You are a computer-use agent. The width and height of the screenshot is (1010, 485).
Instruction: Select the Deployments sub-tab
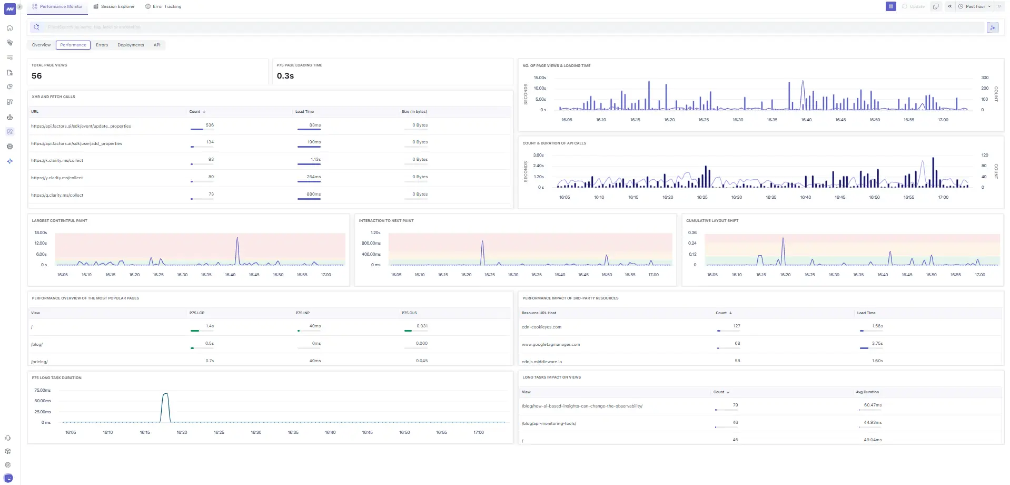pyautogui.click(x=131, y=45)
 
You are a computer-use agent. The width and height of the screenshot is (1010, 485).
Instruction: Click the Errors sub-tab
pyautogui.click(x=102, y=45)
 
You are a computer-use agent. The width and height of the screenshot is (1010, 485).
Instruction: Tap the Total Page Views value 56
pyautogui.click(x=36, y=76)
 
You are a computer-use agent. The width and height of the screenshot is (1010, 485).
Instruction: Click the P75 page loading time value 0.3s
pyautogui.click(x=285, y=76)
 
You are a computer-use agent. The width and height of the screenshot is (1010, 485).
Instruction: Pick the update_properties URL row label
pyautogui.click(x=81, y=126)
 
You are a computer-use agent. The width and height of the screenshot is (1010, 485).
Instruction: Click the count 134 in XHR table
pyautogui.click(x=210, y=142)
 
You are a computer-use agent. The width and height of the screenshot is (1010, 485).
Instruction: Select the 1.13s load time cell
pyautogui.click(x=315, y=159)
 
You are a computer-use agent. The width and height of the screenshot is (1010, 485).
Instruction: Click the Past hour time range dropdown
pyautogui.click(x=975, y=6)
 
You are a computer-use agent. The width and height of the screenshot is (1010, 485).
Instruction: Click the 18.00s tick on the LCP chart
pyautogui.click(x=41, y=232)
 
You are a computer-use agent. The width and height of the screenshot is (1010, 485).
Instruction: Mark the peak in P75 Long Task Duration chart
pyautogui.click(x=165, y=394)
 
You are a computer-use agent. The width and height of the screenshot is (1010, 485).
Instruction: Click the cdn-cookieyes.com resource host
pyautogui.click(x=541, y=327)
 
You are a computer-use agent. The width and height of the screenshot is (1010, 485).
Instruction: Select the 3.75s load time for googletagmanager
pyautogui.click(x=877, y=343)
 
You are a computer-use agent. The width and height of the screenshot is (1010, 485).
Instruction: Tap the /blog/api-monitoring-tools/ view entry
pyautogui.click(x=549, y=423)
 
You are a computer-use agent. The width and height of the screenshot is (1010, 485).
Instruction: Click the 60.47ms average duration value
pyautogui.click(x=873, y=405)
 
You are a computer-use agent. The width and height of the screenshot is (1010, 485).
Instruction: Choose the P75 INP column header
pyautogui.click(x=302, y=313)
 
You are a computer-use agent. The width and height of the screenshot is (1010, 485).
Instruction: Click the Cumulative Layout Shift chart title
pyautogui.click(x=712, y=220)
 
